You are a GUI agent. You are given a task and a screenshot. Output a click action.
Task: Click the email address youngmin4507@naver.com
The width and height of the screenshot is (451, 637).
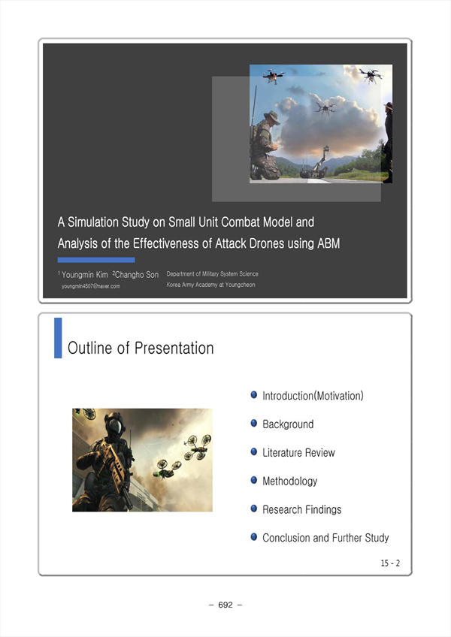click(91, 286)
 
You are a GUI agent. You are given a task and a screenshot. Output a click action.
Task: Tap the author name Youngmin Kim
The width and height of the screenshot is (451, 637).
click(85, 275)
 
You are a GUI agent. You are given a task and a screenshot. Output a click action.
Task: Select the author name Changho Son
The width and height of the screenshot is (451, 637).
click(137, 275)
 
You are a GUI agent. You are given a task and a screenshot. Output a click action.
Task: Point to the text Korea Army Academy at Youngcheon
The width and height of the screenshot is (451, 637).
click(210, 285)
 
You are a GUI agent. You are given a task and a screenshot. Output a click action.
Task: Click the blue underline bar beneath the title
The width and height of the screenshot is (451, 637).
click(96, 260)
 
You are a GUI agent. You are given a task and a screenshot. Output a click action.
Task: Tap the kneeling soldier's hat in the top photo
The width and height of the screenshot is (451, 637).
click(271, 117)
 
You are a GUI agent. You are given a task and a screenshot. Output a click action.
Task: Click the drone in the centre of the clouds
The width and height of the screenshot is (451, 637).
click(325, 108)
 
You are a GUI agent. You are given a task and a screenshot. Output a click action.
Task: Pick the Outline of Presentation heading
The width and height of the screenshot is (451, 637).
click(141, 348)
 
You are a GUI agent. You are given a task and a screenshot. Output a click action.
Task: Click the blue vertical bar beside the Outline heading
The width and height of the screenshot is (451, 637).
click(58, 338)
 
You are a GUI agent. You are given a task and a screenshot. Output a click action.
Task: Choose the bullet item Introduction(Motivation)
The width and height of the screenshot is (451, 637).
click(313, 396)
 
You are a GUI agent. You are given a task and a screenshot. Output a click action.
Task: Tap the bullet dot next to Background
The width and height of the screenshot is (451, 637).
click(254, 424)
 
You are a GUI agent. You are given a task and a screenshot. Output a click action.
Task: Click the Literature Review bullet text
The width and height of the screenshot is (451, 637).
click(298, 452)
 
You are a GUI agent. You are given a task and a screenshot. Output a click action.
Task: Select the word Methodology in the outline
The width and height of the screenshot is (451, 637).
click(289, 482)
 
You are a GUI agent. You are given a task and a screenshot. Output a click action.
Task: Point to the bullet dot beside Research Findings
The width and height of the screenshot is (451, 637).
click(254, 509)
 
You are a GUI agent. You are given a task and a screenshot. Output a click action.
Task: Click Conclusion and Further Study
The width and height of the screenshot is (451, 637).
click(325, 538)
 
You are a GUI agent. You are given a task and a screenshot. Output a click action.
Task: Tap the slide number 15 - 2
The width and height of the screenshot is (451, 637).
click(390, 563)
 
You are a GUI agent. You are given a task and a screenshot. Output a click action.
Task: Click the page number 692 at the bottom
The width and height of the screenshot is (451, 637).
click(225, 605)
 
